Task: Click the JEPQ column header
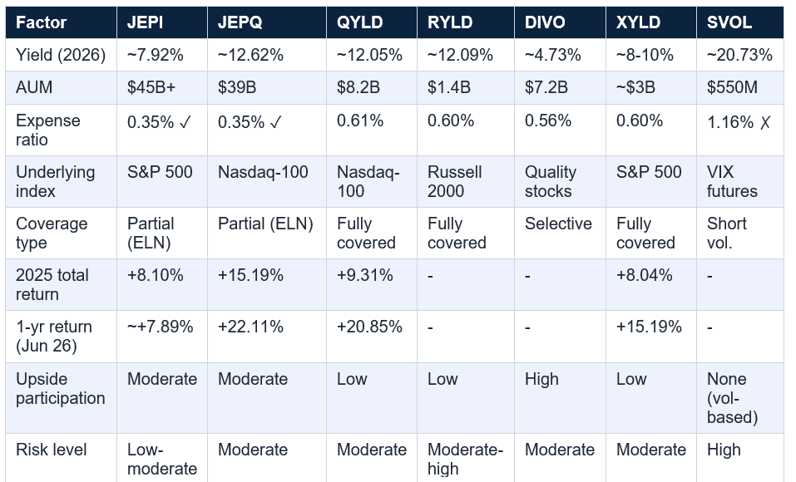240,22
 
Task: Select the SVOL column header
729,22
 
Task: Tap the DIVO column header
545,22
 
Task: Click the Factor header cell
41,22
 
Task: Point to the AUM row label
34,87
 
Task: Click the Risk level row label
52,450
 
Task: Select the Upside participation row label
61,389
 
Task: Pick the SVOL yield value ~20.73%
739,55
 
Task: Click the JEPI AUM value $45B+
151,87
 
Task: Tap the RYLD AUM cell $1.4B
449,87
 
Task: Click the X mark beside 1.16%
765,122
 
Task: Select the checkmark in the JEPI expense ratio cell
185,122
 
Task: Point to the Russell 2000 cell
454,182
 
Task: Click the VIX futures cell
732,182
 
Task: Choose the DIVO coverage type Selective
558,224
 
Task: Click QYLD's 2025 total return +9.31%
364,275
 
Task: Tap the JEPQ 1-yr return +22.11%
250,327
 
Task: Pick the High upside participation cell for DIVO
541,379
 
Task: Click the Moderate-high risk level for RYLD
465,460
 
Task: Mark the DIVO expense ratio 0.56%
548,120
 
